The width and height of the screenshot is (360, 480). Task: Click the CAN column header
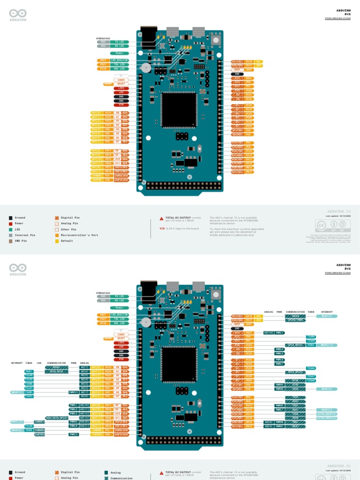tap(39, 363)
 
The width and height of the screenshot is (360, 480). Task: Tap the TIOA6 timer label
tap(311, 368)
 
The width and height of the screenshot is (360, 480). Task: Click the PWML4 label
tap(279, 349)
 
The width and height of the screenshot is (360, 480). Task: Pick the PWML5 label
tap(279, 353)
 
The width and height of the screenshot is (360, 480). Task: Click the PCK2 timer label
tap(311, 345)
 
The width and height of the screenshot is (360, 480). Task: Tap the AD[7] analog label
tap(84, 367)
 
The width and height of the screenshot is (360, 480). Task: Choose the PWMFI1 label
tap(74, 392)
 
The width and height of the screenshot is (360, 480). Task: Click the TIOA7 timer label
tap(311, 376)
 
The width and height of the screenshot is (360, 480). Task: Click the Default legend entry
tap(67, 240)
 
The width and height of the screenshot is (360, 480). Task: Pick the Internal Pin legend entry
tap(24, 235)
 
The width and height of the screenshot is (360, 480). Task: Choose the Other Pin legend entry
tap(68, 229)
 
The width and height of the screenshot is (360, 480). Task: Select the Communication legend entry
tap(121, 478)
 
